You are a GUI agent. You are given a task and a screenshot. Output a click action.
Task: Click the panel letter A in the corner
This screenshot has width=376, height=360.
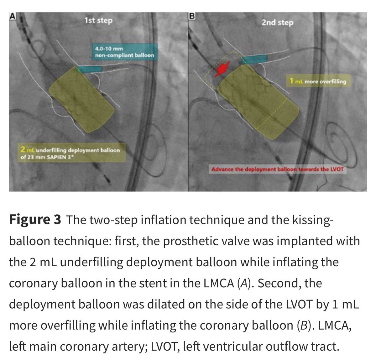[x=12, y=16]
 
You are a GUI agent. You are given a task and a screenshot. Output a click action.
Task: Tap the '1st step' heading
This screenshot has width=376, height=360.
[x=98, y=21]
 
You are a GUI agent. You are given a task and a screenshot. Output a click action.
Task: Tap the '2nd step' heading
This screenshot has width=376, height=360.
[x=277, y=23]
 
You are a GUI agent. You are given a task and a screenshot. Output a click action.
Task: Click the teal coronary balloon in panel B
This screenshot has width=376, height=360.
[x=254, y=59]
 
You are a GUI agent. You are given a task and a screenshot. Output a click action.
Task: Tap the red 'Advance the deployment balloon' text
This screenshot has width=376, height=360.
[x=277, y=170]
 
